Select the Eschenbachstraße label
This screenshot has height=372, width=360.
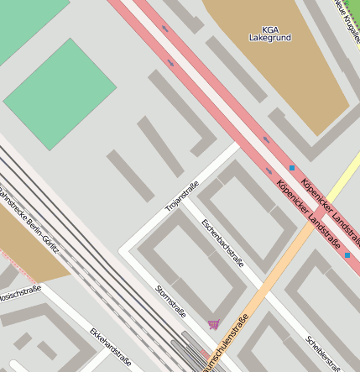[223, 243]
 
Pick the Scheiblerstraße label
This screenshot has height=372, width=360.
[323, 353]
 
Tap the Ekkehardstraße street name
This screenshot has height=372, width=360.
[110, 346]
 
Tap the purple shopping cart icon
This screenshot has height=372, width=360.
[213, 324]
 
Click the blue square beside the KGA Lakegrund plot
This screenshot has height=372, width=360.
[292, 168]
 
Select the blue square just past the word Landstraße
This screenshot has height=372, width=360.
[347, 254]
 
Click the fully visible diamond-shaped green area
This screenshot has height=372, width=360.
[60, 94]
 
